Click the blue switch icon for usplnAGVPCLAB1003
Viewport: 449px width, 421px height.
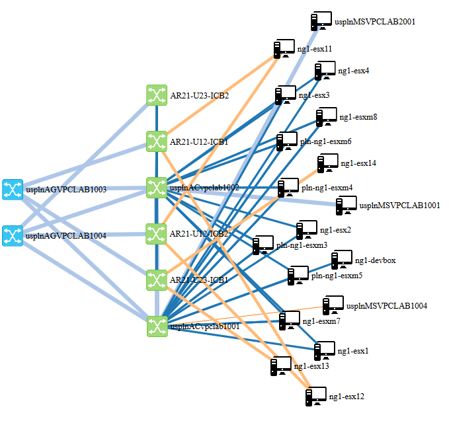12,189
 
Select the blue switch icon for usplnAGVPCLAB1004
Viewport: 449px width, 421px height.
12,235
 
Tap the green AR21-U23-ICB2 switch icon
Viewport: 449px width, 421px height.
156,95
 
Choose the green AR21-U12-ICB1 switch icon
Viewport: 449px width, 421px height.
156,141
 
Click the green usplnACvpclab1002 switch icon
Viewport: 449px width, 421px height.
156,187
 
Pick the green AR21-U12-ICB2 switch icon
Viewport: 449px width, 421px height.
156,233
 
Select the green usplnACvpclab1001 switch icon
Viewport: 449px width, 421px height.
156,325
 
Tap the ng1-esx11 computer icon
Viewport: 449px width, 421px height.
284,49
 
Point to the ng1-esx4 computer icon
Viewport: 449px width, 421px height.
325,70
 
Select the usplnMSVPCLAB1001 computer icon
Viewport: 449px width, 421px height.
346,206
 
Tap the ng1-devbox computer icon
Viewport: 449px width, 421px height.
342,260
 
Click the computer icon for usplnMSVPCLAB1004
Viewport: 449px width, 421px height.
333,305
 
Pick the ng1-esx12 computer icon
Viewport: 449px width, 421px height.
316,397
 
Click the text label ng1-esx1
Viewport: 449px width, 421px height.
352,350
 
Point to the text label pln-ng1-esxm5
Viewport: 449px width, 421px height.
337,275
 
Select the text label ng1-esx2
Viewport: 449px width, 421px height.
335,230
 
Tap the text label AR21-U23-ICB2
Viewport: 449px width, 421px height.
200,96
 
